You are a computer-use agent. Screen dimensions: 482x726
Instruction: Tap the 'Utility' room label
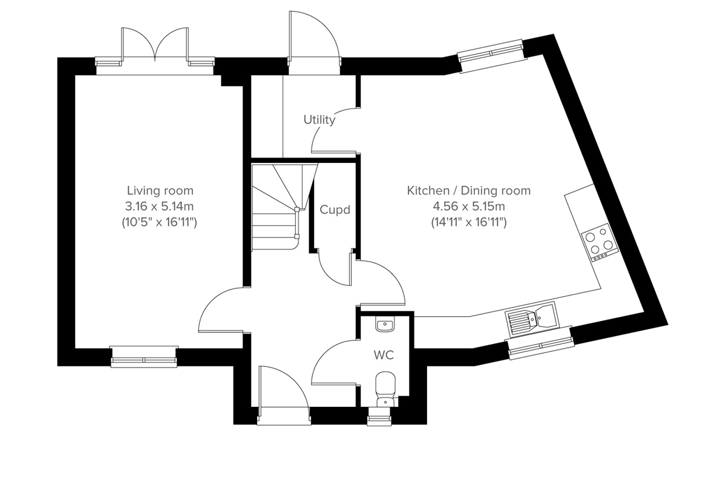click(x=319, y=120)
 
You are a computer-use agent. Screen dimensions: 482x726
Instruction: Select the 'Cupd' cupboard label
click(x=335, y=210)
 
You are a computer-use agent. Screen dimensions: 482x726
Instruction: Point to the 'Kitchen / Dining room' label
click(x=468, y=191)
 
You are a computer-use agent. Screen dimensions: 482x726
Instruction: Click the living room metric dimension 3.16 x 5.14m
click(x=160, y=206)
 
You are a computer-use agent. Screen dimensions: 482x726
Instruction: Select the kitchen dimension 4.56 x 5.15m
click(x=468, y=206)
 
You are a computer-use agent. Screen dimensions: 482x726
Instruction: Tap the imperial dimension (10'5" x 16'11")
click(x=160, y=222)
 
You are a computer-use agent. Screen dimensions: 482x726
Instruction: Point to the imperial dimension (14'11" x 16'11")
click(x=468, y=222)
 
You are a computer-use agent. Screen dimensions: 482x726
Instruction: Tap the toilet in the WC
click(x=385, y=388)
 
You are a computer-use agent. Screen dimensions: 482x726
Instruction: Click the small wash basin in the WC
click(x=385, y=326)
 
